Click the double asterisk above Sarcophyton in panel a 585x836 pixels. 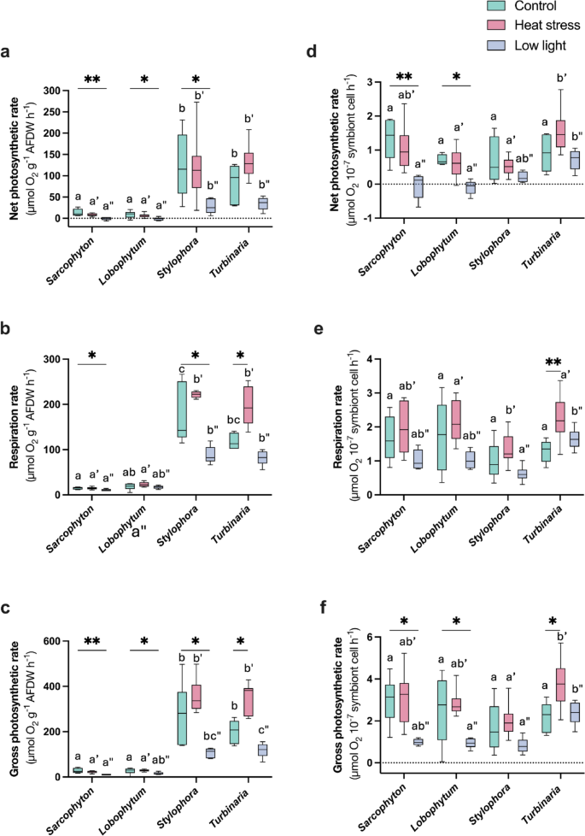[x=93, y=80]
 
